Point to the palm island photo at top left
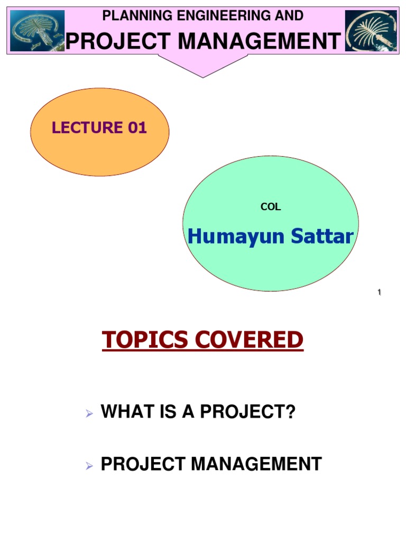38,31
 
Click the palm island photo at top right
371,31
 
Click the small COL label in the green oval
271,207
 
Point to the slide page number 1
379,293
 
